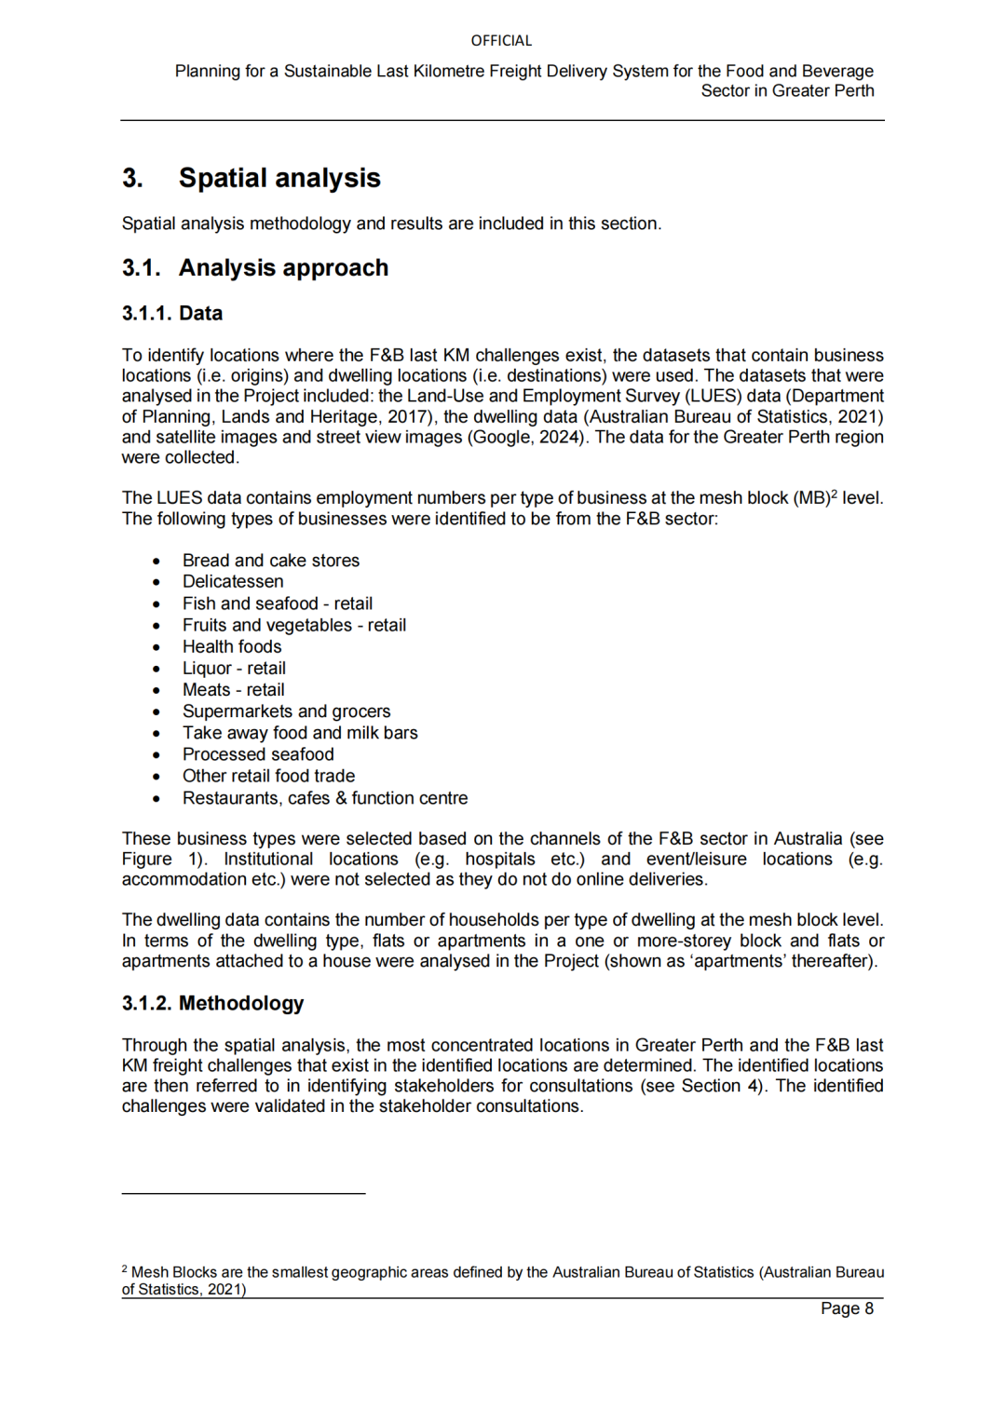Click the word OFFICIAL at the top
click(x=501, y=41)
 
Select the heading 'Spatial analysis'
click(x=279, y=178)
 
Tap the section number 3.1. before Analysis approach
click(x=141, y=268)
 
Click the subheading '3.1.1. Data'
click(x=172, y=313)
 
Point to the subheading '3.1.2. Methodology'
click(x=212, y=1003)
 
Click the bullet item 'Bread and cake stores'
click(x=270, y=561)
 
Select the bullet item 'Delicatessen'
click(x=233, y=582)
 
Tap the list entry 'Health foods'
click(x=232, y=646)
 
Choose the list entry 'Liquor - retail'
click(x=234, y=669)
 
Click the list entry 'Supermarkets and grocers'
click(x=286, y=711)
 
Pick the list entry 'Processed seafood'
click(x=258, y=754)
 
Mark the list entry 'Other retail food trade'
click(x=268, y=776)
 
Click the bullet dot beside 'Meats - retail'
click(x=156, y=691)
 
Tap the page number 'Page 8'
click(x=847, y=1308)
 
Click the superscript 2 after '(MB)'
click(x=834, y=493)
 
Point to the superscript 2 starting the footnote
click(x=125, y=1268)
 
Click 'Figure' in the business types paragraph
click(x=146, y=859)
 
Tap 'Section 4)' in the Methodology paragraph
click(x=724, y=1086)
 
